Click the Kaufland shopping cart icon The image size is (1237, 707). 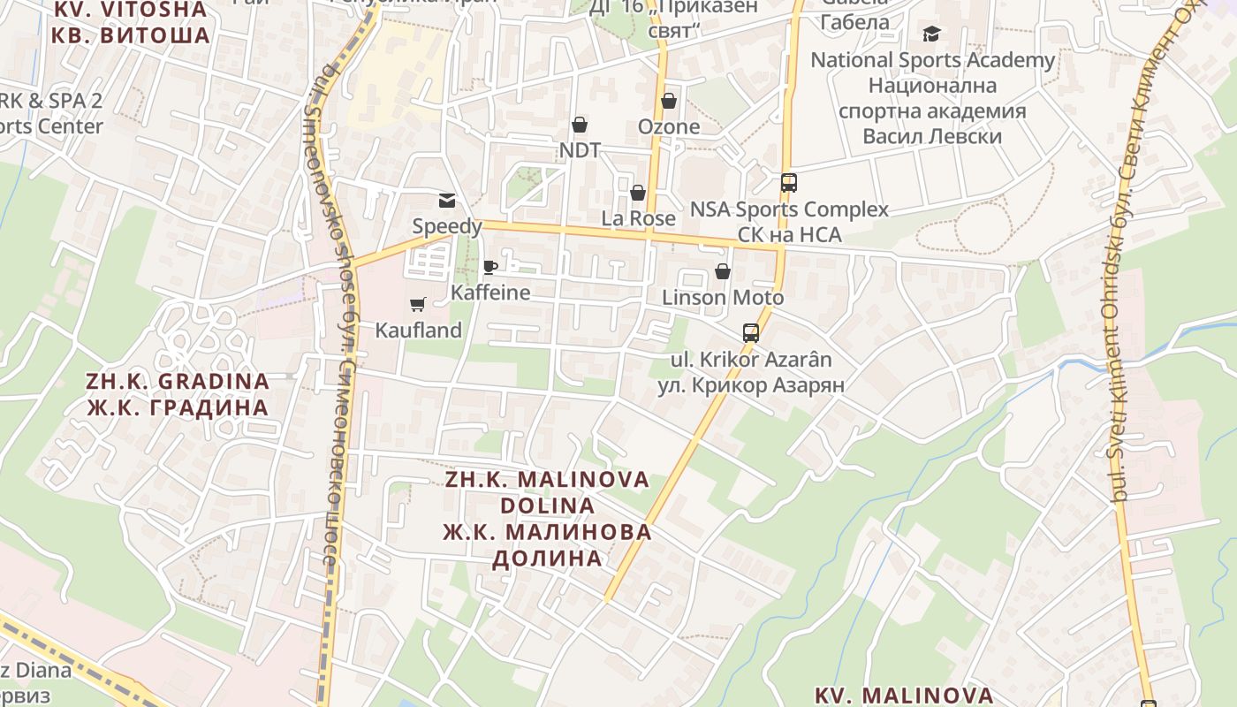click(418, 305)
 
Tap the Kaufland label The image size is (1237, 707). click(419, 331)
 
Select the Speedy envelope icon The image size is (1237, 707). click(447, 201)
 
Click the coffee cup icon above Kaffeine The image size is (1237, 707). click(490, 268)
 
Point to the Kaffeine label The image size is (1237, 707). click(490, 293)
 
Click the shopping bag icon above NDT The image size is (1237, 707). click(580, 125)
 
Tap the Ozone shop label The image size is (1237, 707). click(669, 126)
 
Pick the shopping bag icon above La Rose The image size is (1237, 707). click(638, 193)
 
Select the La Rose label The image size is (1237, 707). click(638, 218)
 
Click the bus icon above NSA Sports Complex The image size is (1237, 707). click(789, 184)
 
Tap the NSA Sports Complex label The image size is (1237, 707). click(789, 209)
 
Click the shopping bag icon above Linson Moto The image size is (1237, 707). click(723, 271)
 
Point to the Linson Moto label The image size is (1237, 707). click(723, 298)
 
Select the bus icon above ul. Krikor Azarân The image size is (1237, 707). click(751, 333)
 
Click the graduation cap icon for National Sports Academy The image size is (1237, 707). click(932, 34)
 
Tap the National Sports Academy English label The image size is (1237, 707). click(932, 60)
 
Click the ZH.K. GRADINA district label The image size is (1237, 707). click(178, 382)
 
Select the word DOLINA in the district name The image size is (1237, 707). click(547, 506)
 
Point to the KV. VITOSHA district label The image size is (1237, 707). click(131, 10)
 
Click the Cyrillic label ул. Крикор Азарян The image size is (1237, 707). click(751, 385)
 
